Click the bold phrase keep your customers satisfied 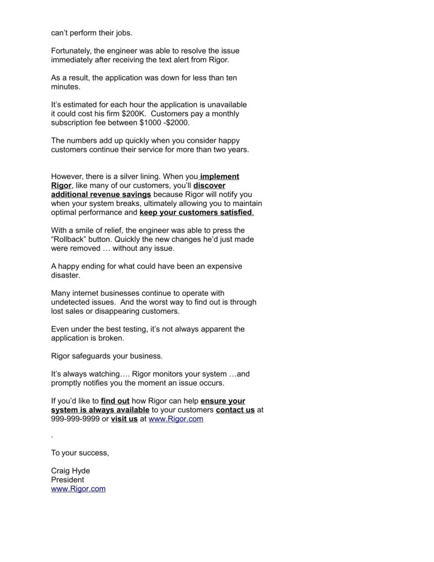pyautogui.click(x=196, y=212)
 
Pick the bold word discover pyautogui.click(x=209, y=186)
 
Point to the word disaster pyautogui.click(x=65, y=275)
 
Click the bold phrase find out pyautogui.click(x=115, y=401)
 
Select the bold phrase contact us pyautogui.click(x=235, y=410)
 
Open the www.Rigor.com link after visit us pyautogui.click(x=176, y=419)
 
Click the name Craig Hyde pyautogui.click(x=70, y=470)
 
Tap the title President pyautogui.click(x=67, y=479)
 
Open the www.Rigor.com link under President pyautogui.click(x=78, y=488)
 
